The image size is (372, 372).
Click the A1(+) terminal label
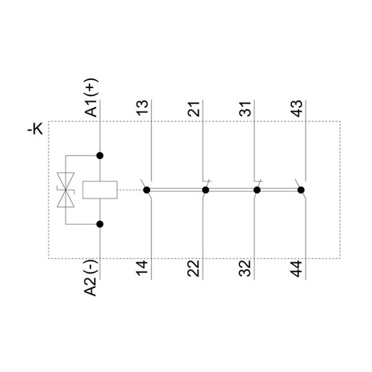pos(91,98)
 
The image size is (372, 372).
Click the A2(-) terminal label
pos(91,278)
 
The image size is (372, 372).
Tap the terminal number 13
pos(143,108)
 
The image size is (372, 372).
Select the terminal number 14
pos(143,269)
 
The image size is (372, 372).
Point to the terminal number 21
pos(193,109)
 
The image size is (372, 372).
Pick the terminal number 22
pos(193,269)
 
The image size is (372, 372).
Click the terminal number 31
pos(245,109)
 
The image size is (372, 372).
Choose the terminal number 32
pos(245,269)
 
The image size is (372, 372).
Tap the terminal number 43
pos(297,109)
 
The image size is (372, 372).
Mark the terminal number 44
pos(297,269)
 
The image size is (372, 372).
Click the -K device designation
pos(35,129)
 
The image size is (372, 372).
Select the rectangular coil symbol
pos(100,190)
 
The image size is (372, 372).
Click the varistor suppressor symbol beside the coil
pos(66,190)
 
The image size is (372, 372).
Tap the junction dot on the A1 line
pos(100,155)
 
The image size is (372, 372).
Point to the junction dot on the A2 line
pos(100,224)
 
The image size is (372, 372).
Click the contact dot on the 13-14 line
pos(147,190)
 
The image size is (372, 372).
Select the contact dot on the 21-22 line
pos(205,190)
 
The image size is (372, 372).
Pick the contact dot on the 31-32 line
pos(257,190)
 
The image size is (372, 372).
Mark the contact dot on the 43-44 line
pos(301,190)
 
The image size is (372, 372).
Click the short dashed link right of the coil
pos(130,190)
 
